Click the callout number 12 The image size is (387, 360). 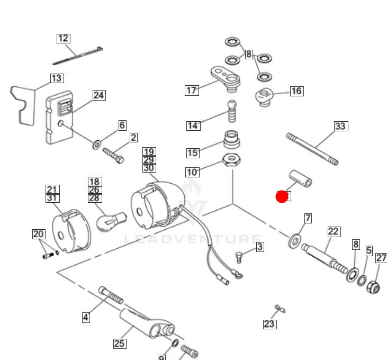point(63,38)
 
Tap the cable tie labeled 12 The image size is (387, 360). point(77,55)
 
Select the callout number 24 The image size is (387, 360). point(98,95)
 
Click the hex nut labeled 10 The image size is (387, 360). point(230,159)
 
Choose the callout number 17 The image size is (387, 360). point(191,90)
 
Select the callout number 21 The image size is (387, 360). point(52,190)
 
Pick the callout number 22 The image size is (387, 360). point(333,231)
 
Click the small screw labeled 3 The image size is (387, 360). point(239,257)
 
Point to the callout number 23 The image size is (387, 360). point(269,323)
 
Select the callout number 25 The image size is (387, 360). point(120,344)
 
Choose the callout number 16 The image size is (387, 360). point(296,91)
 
